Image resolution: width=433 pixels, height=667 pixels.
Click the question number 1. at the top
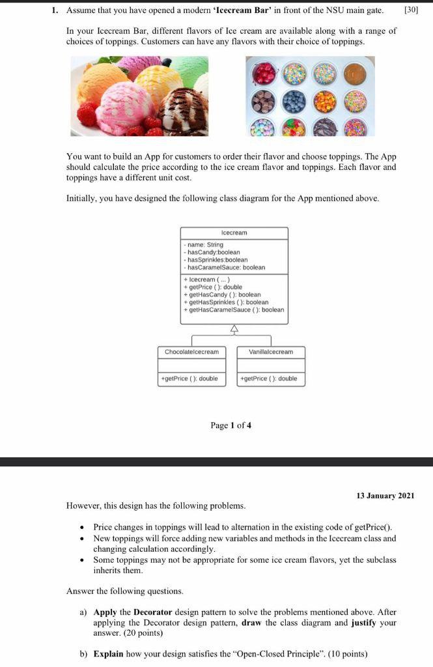[56, 10]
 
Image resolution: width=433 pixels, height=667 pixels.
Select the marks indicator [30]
[412, 10]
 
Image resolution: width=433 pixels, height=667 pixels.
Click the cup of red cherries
[265, 74]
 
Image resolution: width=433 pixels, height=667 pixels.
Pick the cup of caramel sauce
[355, 73]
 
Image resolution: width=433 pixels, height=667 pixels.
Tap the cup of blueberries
[295, 101]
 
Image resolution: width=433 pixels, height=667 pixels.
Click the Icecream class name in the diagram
[234, 233]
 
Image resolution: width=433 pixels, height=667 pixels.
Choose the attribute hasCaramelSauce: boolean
[225, 267]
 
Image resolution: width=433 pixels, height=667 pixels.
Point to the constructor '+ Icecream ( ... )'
[206, 279]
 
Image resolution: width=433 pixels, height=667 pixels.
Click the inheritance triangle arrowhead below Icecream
[234, 329]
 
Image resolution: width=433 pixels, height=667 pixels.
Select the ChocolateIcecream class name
[191, 352]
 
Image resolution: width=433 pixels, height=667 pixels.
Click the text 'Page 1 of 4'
[230, 425]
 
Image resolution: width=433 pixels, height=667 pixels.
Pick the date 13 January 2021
[385, 496]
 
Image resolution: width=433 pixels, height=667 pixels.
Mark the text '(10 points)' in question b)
[347, 653]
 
